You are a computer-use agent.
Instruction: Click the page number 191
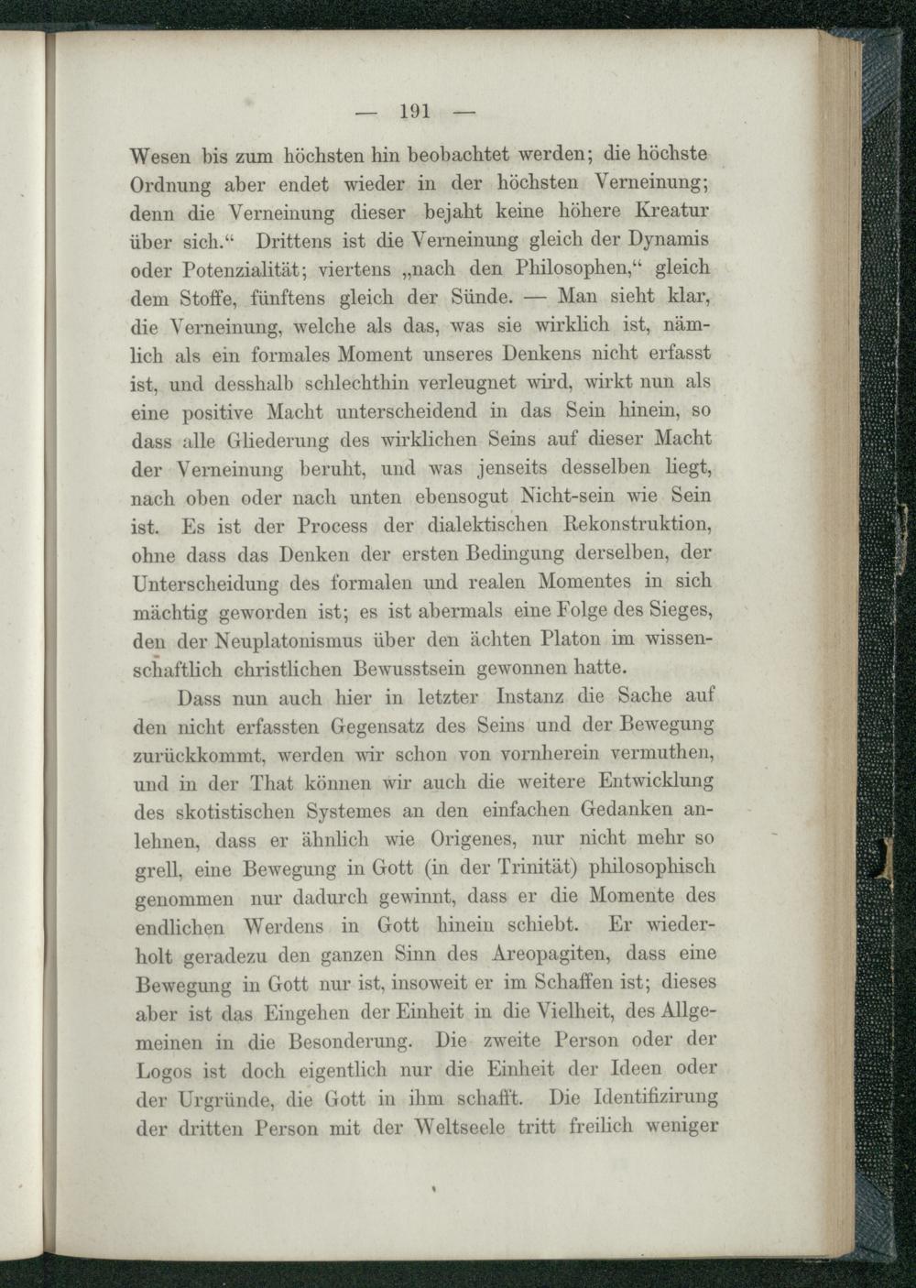click(415, 113)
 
